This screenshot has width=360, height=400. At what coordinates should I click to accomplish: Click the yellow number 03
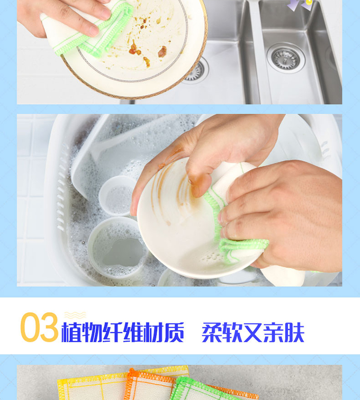point(39,327)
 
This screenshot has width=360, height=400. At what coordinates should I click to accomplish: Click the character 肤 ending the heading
point(294,332)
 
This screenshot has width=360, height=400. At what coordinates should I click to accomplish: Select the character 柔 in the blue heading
point(212,332)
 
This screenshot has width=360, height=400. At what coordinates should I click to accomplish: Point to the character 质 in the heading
point(174,332)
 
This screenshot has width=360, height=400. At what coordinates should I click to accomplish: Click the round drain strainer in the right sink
point(286,58)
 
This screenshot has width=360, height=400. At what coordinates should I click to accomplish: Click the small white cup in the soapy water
point(118,195)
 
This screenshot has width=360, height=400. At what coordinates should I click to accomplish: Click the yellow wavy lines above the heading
point(75,315)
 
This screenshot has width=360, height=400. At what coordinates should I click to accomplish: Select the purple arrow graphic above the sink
point(300,5)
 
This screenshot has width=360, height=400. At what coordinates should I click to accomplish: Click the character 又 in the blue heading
point(253,332)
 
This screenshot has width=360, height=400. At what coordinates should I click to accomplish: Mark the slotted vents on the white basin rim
point(61,186)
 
